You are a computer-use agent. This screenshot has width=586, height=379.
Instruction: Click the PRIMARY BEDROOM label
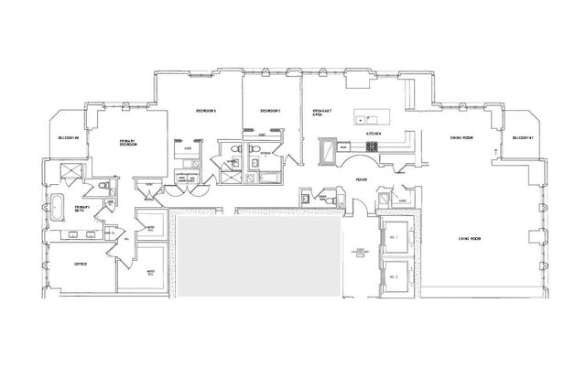pos(128,143)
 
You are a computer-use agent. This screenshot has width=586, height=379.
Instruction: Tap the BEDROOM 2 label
pos(205,111)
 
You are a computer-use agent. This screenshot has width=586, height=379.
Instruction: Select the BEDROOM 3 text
pos(269,111)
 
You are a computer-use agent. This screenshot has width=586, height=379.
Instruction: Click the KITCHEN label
pos(373,133)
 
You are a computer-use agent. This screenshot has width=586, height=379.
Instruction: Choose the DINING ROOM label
pos(461,137)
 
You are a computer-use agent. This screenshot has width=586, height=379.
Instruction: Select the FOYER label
pos(362,179)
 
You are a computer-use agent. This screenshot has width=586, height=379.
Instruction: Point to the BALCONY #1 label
pos(525,137)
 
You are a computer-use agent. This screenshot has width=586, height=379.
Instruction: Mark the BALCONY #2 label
pos(67,138)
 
